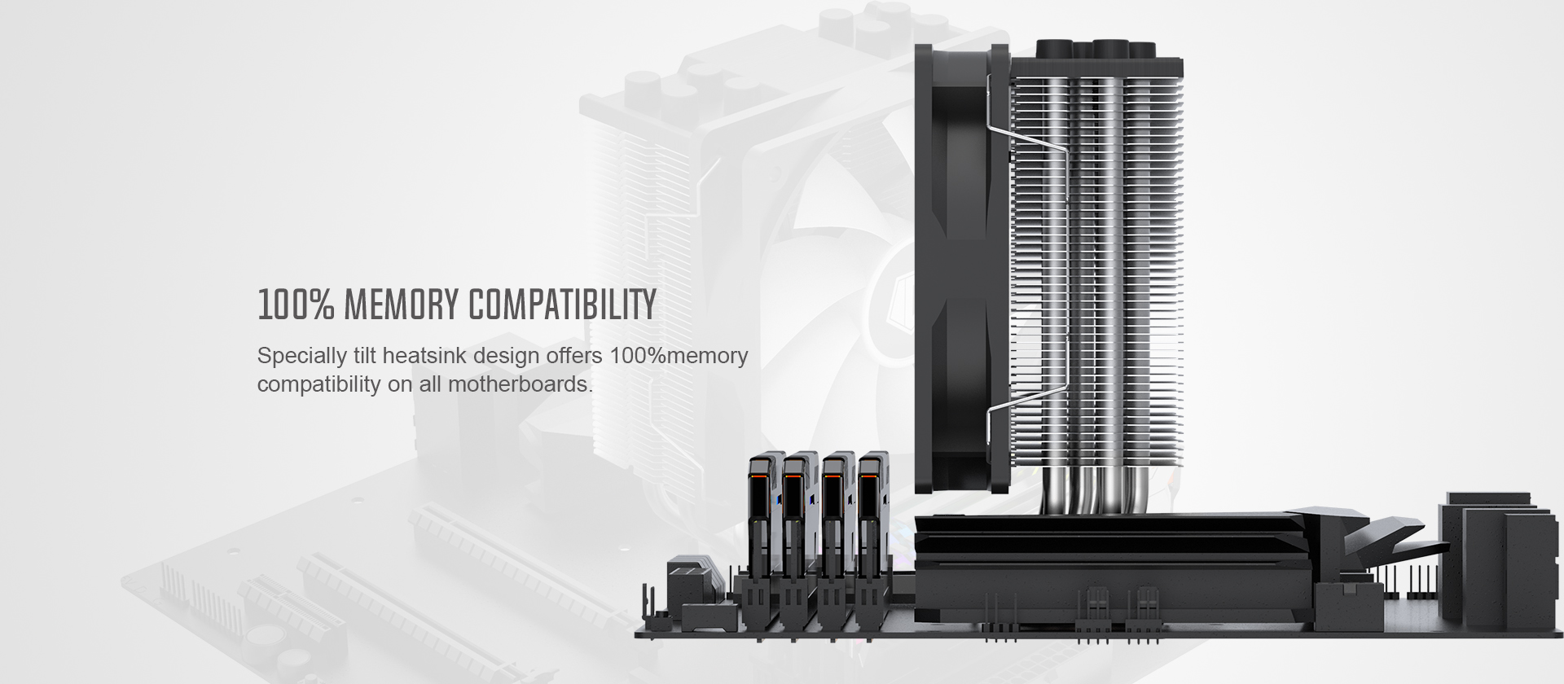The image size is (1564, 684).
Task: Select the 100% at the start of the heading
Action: pyautogui.click(x=296, y=305)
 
